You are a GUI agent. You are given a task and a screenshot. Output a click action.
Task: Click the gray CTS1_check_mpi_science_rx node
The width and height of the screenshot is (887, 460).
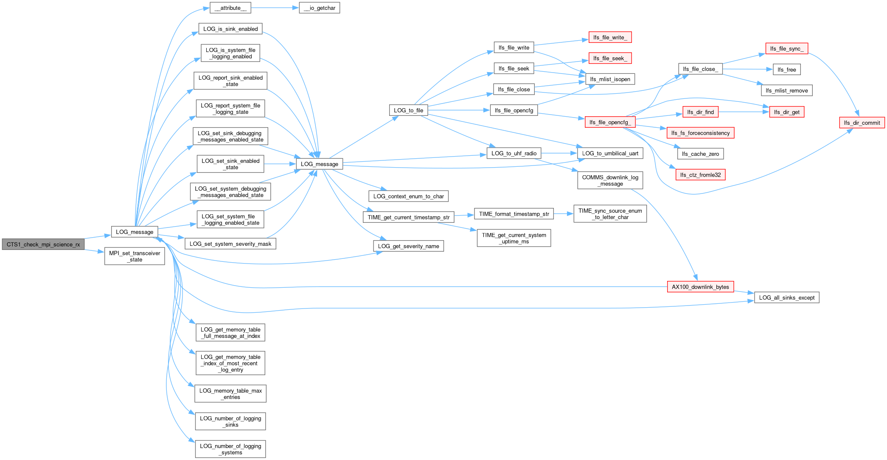(43, 244)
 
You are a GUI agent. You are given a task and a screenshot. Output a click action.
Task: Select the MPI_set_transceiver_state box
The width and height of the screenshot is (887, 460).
(135, 256)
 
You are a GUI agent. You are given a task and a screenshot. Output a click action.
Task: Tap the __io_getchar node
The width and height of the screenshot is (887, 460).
(320, 8)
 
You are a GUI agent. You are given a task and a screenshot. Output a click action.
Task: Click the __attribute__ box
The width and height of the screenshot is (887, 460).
(230, 8)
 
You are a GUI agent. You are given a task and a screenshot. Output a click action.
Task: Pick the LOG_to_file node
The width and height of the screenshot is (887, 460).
(409, 110)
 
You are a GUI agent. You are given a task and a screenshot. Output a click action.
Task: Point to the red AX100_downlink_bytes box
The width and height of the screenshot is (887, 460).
(700, 287)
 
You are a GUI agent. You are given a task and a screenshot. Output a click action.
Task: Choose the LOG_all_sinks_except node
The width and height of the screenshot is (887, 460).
(787, 297)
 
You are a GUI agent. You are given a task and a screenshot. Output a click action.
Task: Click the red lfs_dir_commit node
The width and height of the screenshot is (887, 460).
(862, 123)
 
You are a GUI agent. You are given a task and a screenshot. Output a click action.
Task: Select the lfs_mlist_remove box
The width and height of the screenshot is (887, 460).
(787, 90)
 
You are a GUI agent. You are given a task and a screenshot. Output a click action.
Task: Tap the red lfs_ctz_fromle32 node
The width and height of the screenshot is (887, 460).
(700, 175)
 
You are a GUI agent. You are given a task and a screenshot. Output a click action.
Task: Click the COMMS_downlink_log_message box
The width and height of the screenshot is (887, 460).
(610, 180)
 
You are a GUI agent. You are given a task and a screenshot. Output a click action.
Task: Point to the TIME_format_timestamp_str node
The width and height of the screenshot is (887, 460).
(514, 214)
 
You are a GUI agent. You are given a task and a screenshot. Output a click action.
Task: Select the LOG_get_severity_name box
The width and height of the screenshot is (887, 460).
(409, 246)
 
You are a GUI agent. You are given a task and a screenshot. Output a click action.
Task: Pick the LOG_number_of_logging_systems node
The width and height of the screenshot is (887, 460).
(230, 449)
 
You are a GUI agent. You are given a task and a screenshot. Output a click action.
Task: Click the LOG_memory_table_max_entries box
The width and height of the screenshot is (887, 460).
(230, 394)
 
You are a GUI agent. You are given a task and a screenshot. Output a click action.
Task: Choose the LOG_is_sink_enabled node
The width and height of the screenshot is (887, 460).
(230, 29)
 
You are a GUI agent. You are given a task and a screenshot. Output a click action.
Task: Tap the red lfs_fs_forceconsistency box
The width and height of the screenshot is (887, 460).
(700, 133)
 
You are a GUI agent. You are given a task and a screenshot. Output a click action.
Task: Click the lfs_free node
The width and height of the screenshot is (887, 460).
(787, 70)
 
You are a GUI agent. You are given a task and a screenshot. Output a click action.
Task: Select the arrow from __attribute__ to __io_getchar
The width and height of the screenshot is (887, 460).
(275, 8)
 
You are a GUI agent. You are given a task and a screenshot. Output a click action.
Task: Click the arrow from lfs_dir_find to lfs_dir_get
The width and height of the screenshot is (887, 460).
(744, 112)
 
